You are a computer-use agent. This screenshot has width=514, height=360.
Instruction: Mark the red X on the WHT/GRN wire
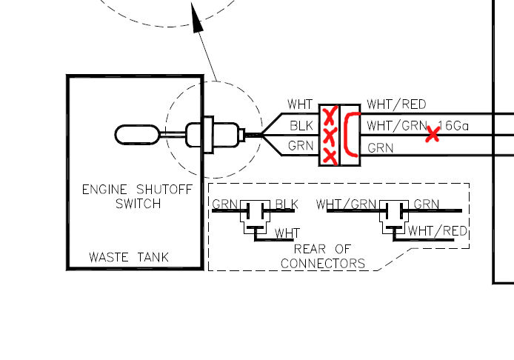click(x=433, y=134)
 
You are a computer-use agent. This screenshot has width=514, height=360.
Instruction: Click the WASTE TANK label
click(x=129, y=258)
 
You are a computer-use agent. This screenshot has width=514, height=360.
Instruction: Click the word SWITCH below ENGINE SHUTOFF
click(x=138, y=203)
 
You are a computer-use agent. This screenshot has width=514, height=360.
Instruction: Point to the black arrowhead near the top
click(x=198, y=20)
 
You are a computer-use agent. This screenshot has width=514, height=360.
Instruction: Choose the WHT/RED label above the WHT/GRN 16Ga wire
click(x=396, y=105)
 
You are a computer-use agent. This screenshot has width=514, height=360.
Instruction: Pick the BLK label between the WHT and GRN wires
click(x=301, y=126)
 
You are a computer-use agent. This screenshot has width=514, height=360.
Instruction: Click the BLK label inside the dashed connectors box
click(x=286, y=204)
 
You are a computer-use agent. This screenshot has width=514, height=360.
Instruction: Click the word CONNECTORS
click(x=323, y=263)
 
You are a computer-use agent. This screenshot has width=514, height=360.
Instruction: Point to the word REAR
click(x=311, y=250)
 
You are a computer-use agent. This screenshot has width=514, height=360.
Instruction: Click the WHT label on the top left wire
click(x=301, y=105)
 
